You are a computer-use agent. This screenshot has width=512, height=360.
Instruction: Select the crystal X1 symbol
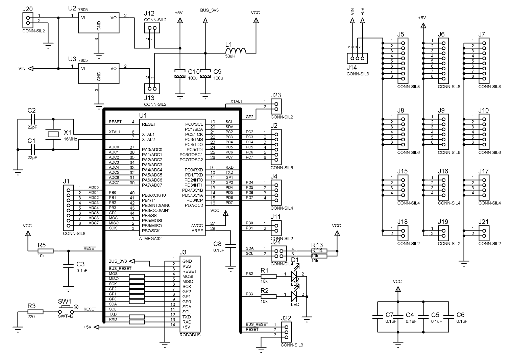[x=53, y=134]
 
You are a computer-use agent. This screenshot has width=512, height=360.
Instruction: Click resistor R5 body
[x=45, y=251]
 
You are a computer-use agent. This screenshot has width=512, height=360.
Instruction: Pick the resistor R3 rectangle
[x=35, y=312]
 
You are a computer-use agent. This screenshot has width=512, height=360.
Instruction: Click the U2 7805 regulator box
[x=99, y=23]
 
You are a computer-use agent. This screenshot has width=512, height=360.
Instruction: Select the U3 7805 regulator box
[x=99, y=74]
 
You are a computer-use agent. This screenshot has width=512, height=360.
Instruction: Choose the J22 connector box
[x=286, y=332]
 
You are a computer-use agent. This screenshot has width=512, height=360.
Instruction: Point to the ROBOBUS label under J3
[x=190, y=335]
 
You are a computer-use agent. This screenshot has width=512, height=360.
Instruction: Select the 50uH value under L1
[x=230, y=56]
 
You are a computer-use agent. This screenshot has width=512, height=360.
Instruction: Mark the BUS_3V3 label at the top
[x=209, y=10]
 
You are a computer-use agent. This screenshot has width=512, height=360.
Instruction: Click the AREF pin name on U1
[x=197, y=231]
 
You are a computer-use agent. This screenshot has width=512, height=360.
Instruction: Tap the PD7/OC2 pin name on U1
[x=194, y=205]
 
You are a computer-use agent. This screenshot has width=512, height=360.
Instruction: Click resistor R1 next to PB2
[x=268, y=276]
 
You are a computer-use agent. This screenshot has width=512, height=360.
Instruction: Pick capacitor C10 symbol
[x=180, y=74]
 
